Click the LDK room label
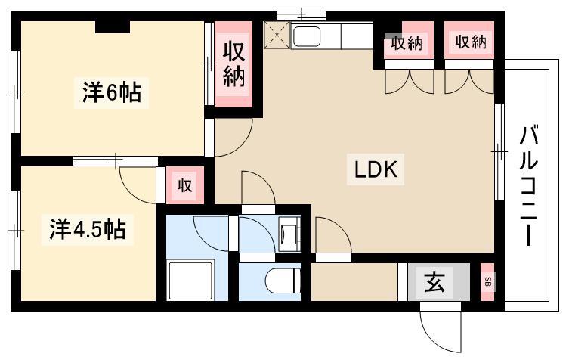(x=376, y=169)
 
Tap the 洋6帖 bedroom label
(x=111, y=93)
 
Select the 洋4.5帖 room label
(x=88, y=230)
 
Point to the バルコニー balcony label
(x=528, y=185)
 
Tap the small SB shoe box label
(x=488, y=281)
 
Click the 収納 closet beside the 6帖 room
(x=233, y=65)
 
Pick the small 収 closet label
(x=184, y=186)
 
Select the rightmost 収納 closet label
(x=470, y=42)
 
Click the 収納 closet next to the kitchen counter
(x=407, y=44)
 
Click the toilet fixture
(x=283, y=281)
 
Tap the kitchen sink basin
(x=307, y=37)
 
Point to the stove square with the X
(x=277, y=35)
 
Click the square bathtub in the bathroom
(x=191, y=280)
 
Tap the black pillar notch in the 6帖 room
(x=113, y=28)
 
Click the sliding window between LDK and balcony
(x=499, y=151)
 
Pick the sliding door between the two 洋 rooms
(x=116, y=161)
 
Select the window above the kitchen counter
(x=302, y=16)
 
